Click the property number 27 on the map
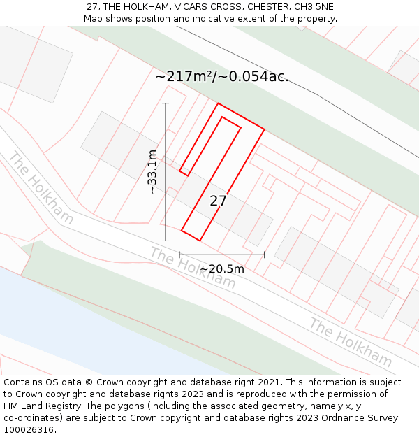(x=218, y=201)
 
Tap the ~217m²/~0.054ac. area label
(x=221, y=76)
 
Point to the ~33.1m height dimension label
(x=152, y=171)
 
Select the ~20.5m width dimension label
(x=222, y=268)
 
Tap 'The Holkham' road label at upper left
(x=41, y=188)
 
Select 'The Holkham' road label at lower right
(x=351, y=343)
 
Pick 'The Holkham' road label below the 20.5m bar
(x=193, y=268)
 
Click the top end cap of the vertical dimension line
(x=166, y=103)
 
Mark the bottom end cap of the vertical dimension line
(x=166, y=241)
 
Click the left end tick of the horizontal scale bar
(x=179, y=255)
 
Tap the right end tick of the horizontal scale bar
(x=265, y=255)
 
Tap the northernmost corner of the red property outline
(x=219, y=103)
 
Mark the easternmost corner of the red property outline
(x=264, y=129)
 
